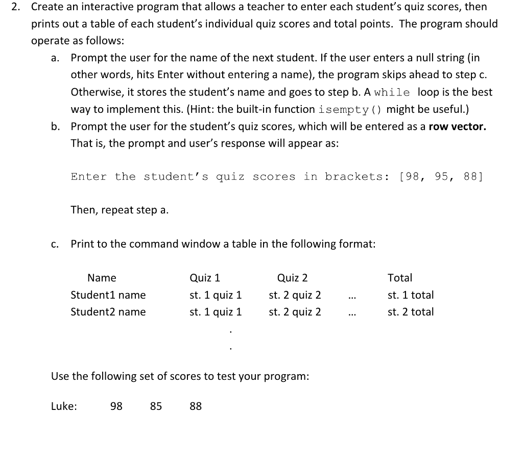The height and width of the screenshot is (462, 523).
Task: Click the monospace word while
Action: tap(392, 92)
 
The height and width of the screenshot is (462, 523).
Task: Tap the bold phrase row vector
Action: tap(457, 126)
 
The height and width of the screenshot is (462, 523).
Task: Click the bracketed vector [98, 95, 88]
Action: tap(441, 177)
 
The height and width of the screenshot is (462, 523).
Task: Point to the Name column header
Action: tap(102, 278)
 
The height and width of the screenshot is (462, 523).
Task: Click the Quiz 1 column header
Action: tap(205, 278)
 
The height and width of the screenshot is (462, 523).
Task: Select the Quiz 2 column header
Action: tap(292, 278)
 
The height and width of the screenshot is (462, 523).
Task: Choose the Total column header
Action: tap(400, 278)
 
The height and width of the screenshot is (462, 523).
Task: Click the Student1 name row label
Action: tap(108, 295)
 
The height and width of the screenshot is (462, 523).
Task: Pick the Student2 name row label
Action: tap(108, 312)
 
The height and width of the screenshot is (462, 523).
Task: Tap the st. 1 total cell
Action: tap(411, 295)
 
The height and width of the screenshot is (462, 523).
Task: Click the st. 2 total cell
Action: tap(411, 312)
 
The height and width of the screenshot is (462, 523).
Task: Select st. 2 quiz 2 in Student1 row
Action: tap(295, 295)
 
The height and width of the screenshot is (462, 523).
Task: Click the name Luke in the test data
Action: tap(64, 406)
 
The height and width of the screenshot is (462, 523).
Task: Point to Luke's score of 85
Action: tap(156, 406)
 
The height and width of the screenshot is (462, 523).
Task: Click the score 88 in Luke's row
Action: tap(196, 406)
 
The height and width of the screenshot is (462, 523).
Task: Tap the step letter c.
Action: tap(54, 244)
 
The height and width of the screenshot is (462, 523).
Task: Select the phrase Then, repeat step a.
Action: tap(120, 210)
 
